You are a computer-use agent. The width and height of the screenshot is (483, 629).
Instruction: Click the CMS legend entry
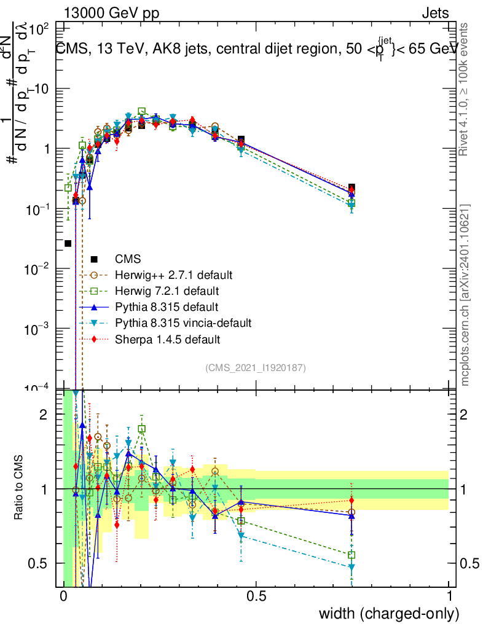pos(127,259)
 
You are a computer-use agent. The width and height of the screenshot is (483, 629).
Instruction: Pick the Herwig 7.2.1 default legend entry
pos(167,291)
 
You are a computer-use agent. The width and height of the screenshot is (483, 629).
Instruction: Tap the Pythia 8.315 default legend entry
pos(167,307)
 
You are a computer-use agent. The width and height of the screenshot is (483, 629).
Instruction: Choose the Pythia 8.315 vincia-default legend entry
pos(183,323)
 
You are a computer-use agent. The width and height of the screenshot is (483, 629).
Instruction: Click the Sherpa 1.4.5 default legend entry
pos(167,339)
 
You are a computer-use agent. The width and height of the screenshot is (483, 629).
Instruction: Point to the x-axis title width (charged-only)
pos(388,613)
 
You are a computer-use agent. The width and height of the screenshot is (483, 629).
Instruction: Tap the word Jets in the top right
pos(434,14)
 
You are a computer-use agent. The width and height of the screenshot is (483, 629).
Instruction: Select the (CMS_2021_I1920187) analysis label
pos(256,368)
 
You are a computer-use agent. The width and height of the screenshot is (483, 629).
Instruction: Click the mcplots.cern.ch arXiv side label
pos(465,295)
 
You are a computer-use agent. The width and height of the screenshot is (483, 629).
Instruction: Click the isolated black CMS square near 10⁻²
pos(68,244)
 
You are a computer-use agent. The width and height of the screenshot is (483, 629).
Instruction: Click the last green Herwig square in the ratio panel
pos(351,555)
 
